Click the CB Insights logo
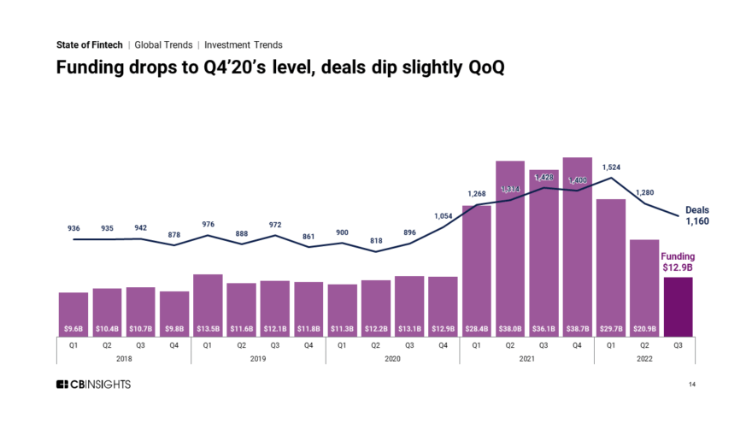coord(93,385)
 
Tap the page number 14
coord(692,385)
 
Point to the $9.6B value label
coord(73,328)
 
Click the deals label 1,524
coord(612,167)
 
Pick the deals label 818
coord(376,241)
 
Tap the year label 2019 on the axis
coord(258,360)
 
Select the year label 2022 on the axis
coord(645,360)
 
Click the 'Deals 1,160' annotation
coord(697,215)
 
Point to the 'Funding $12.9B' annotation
coord(679,261)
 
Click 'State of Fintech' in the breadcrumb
coord(89,44)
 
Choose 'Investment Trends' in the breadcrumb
coord(243,44)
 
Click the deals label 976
coord(208,224)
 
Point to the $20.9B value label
coord(645,328)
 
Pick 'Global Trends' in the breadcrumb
coord(166,44)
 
